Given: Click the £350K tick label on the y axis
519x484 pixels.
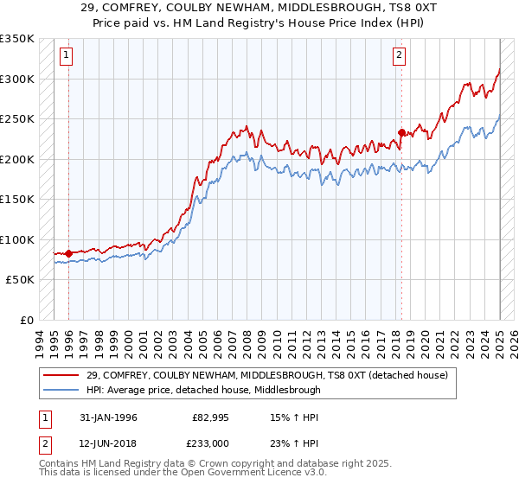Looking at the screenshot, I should (17, 39).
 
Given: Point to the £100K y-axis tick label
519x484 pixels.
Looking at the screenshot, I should (17, 239).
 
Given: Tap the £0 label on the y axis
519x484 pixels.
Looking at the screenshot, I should (27, 320).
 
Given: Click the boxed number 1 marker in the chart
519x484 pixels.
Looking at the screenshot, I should (67, 56).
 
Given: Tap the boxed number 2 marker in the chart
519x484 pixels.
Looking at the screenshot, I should (399, 56).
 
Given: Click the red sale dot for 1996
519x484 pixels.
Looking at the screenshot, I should (68, 253).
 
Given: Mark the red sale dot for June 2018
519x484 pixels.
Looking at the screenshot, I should (401, 132).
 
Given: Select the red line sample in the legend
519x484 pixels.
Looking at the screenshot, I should (62, 375).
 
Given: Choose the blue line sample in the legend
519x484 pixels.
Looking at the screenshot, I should (62, 390).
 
